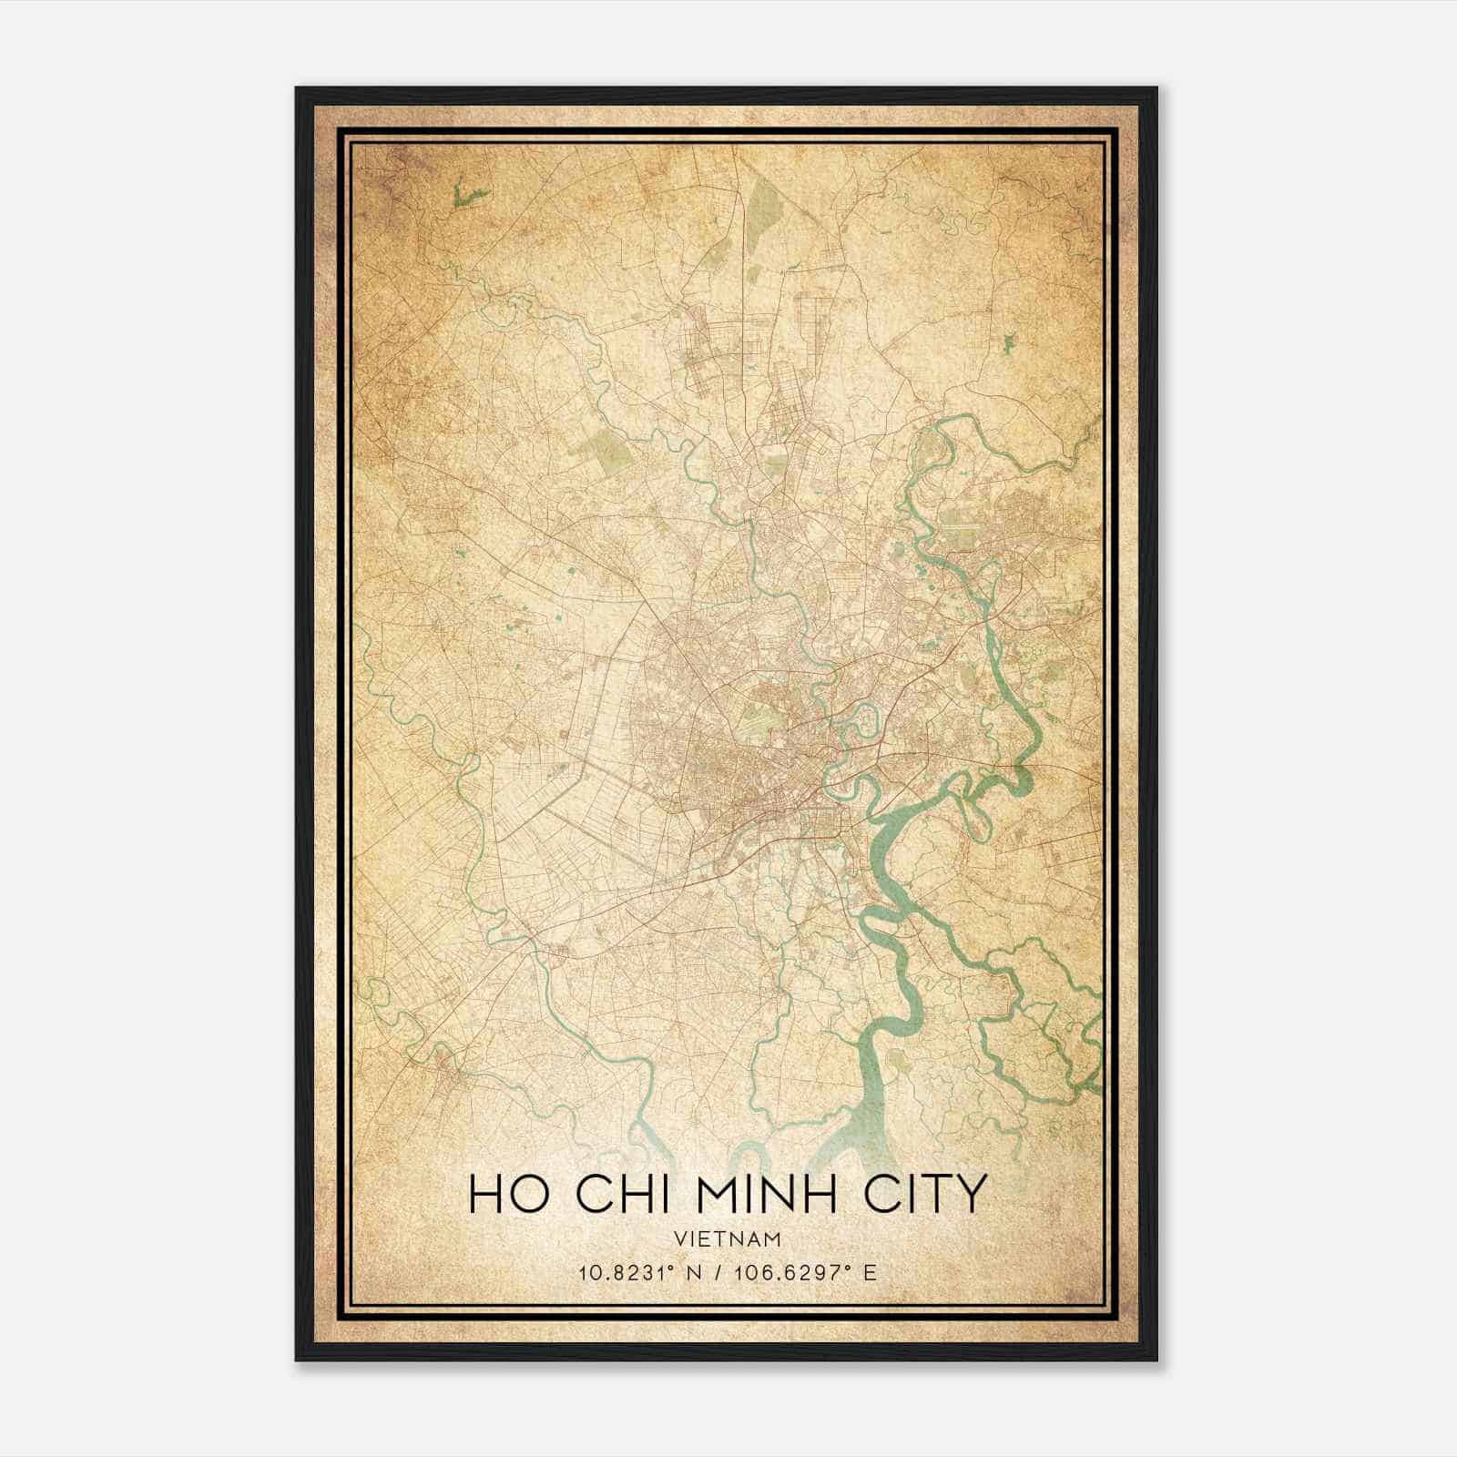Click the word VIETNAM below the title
tap(728, 1238)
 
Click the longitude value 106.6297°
tap(796, 1272)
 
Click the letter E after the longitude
tap(871, 1272)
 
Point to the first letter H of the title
tap(485, 1194)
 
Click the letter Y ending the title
tap(973, 1194)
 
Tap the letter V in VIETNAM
tap(681, 1238)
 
